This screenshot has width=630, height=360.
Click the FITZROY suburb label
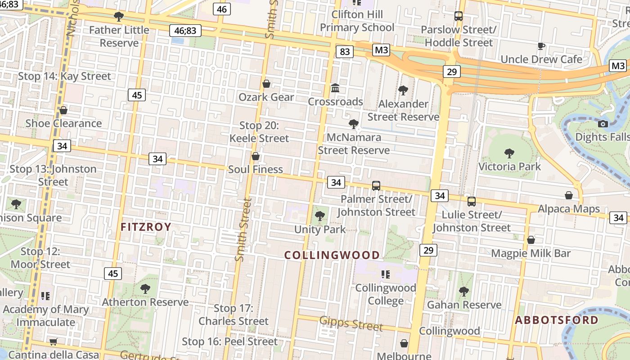tap(146, 227)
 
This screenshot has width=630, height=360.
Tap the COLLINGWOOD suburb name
tap(332, 255)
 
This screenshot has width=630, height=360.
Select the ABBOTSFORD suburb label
tap(557, 320)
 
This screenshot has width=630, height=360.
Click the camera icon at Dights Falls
tap(603, 124)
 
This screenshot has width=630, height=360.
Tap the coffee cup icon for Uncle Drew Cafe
tap(541, 46)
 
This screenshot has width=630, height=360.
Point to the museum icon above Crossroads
tap(335, 88)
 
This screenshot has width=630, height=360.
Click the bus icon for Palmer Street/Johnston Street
tap(376, 185)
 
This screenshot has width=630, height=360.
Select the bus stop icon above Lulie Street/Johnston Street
tap(471, 201)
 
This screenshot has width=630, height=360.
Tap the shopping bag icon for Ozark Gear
tap(266, 84)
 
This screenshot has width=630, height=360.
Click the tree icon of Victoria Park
tap(509, 153)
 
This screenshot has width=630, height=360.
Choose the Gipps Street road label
tap(351, 323)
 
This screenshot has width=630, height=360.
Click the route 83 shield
tap(344, 52)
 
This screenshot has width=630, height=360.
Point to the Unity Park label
tap(320, 229)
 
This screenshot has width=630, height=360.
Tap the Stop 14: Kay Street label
tap(64, 76)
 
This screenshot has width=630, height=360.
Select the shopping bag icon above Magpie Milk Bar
tap(531, 240)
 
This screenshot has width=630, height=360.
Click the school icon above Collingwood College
tap(385, 274)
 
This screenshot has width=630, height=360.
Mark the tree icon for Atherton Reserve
tap(145, 289)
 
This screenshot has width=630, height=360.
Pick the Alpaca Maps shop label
tap(569, 209)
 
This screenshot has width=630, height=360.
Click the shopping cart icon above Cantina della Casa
tap(54, 342)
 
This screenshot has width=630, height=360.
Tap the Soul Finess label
tap(256, 169)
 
